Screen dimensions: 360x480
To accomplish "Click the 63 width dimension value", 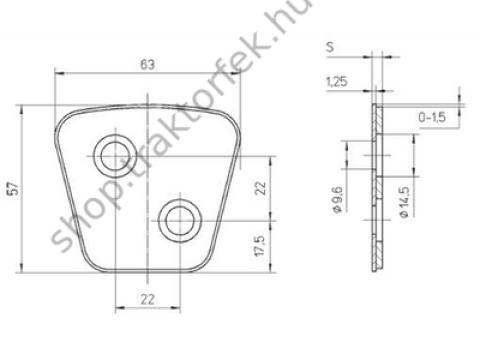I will (x=146, y=65).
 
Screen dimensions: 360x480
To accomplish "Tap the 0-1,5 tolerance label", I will (x=432, y=117).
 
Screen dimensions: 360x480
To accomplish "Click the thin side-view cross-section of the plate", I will (x=377, y=190).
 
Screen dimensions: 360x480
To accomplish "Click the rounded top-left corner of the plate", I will (x=63, y=117).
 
